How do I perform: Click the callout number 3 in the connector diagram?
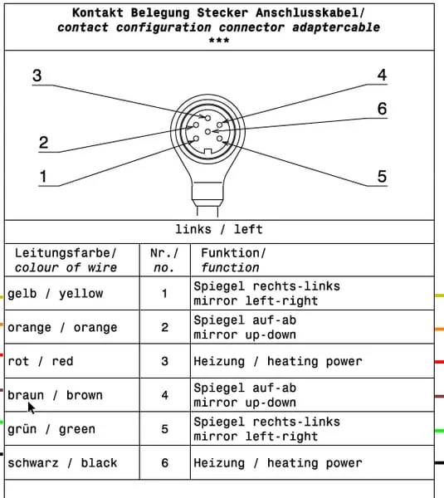coord(37,76)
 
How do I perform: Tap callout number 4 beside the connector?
coord(382,75)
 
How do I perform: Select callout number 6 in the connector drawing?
coord(382,109)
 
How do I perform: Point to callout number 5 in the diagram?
coord(382,176)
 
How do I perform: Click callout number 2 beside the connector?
coord(43,142)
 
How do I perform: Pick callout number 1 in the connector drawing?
coord(43,176)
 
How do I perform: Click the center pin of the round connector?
coord(207,131)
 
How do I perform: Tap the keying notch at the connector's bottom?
coord(207,152)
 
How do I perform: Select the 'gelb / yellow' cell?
coord(56,294)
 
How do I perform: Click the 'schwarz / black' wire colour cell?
coord(62,463)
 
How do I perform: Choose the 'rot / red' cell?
coord(41,361)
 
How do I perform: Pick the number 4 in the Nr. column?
coord(164,395)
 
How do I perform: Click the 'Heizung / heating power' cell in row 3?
coord(278,361)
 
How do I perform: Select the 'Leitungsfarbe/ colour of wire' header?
coord(66,261)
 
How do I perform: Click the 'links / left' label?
coord(219,229)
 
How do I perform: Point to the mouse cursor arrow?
coord(32,408)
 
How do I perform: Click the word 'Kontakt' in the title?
coord(98,13)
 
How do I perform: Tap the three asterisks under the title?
coord(219,41)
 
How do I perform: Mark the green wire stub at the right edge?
coord(439,431)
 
